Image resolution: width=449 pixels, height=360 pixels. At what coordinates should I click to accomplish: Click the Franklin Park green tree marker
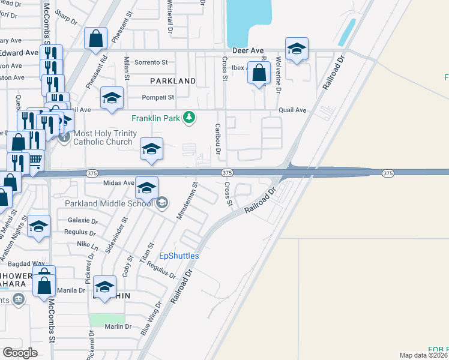click(189, 118)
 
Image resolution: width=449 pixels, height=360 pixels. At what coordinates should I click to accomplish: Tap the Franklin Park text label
click(156, 118)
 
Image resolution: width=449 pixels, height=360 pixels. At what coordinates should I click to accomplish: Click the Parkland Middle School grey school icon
click(161, 203)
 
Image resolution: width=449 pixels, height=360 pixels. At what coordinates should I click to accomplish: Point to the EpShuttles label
click(179, 256)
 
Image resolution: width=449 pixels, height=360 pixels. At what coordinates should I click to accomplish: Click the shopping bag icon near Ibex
click(259, 73)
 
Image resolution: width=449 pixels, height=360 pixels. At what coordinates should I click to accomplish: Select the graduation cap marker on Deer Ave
click(297, 50)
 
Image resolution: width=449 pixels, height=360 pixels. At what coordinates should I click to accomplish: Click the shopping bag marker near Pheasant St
click(95, 40)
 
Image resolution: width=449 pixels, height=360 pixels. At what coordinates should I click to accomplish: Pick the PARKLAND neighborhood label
click(173, 80)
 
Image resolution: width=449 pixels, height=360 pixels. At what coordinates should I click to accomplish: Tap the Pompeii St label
click(158, 97)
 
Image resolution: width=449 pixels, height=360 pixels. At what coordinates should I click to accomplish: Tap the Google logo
click(20, 353)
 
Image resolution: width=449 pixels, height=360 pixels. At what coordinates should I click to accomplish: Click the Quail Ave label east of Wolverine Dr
click(292, 110)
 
